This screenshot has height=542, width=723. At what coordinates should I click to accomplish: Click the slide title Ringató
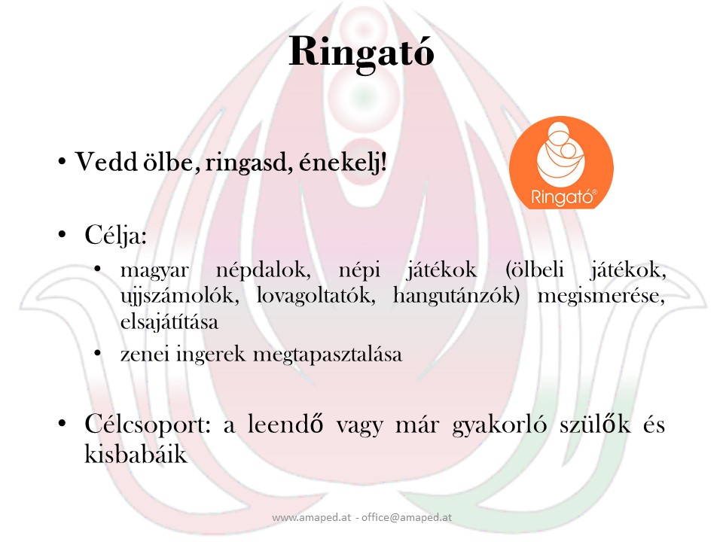(x=361, y=51)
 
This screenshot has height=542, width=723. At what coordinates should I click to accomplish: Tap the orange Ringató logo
(x=561, y=162)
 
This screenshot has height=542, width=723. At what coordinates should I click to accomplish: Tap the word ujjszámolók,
(x=170, y=296)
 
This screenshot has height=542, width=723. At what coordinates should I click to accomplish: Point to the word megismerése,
(x=602, y=296)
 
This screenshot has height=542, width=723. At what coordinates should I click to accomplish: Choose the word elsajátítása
(x=169, y=322)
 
